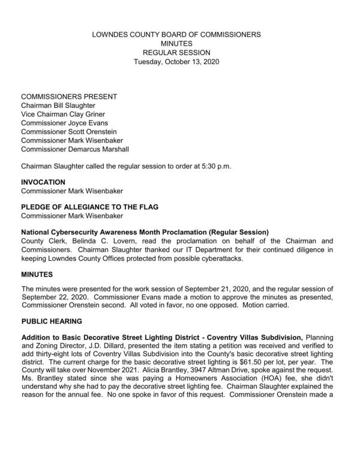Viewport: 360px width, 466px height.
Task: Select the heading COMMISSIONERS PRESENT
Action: [69, 97]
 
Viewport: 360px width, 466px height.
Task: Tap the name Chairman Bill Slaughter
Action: [61, 106]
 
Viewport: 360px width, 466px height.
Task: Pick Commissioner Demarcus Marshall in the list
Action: [74, 149]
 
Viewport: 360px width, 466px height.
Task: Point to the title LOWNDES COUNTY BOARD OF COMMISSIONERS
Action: [176, 35]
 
